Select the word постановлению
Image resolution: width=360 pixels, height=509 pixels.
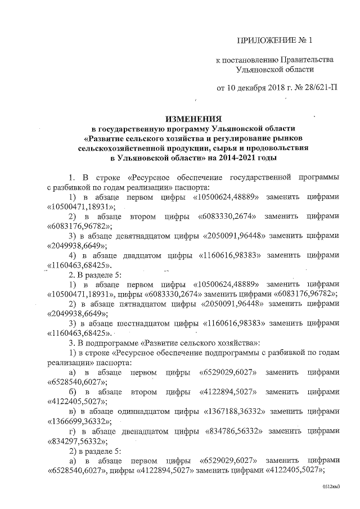pos(249,60)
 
